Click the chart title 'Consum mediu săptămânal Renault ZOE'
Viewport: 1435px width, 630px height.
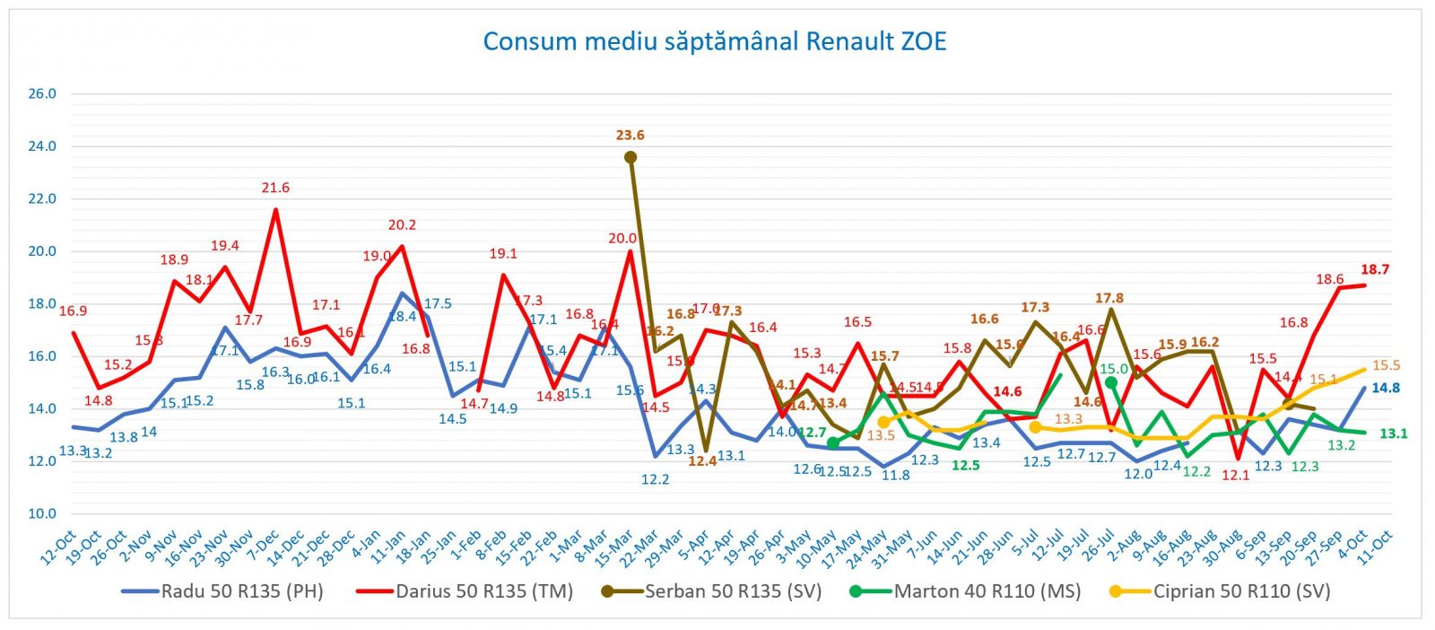715,41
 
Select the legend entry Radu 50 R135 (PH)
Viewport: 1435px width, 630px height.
241,591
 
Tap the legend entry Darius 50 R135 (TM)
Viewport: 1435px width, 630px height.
484,591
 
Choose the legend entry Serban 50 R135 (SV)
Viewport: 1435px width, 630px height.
733,591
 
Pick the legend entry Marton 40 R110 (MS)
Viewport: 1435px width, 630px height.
987,591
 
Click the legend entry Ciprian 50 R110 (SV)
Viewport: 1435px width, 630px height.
1241,591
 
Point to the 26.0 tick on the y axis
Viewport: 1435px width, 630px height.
42,93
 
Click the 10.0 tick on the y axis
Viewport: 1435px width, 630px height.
42,514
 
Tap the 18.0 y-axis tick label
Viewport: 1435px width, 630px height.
42,304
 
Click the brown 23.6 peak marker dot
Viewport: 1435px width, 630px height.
631,157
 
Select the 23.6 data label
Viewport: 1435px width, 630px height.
631,136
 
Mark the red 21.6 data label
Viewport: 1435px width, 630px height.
275,188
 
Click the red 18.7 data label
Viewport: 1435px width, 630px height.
1375,269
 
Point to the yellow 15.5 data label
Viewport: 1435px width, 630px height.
1386,365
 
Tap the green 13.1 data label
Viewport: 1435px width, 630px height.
1393,433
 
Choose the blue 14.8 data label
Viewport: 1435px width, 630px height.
1386,388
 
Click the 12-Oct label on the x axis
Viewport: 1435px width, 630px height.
57,547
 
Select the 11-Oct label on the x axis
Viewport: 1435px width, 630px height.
1374,547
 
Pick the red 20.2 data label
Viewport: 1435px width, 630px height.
402,225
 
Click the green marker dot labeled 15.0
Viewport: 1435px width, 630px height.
1111,382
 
